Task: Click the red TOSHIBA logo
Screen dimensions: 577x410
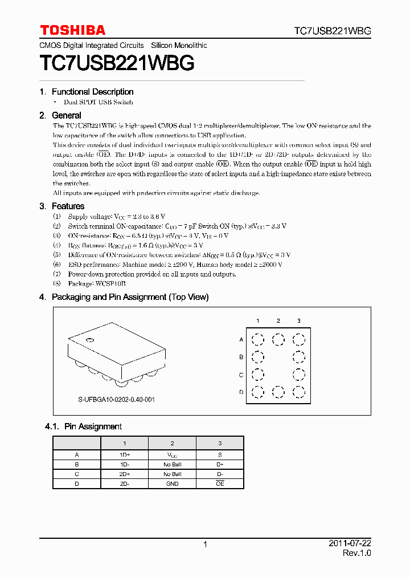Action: tap(72, 30)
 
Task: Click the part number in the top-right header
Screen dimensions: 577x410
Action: tap(333, 31)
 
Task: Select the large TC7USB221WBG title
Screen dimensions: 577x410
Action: tap(117, 63)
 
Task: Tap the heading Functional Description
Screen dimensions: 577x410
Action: tap(92, 92)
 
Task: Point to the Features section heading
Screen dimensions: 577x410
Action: tap(68, 206)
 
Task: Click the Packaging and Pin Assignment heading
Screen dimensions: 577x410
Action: tap(130, 297)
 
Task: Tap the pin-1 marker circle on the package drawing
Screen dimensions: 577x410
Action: tap(89, 341)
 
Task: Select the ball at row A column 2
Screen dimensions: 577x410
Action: tap(278, 340)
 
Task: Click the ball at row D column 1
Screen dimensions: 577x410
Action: tap(257, 392)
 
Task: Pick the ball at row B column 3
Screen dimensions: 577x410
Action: tap(298, 357)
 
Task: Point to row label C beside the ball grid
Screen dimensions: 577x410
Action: tap(241, 375)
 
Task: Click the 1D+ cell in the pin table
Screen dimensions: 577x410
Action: tap(124, 455)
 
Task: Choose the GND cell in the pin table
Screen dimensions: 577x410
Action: tap(172, 483)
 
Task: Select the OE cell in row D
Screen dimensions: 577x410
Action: tap(220, 483)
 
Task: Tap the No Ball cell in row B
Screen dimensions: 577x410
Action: tap(172, 465)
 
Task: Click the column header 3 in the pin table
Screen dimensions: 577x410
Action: tap(220, 443)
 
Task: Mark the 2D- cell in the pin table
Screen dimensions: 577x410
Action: tap(124, 483)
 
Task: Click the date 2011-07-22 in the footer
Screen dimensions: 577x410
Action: tap(350, 544)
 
